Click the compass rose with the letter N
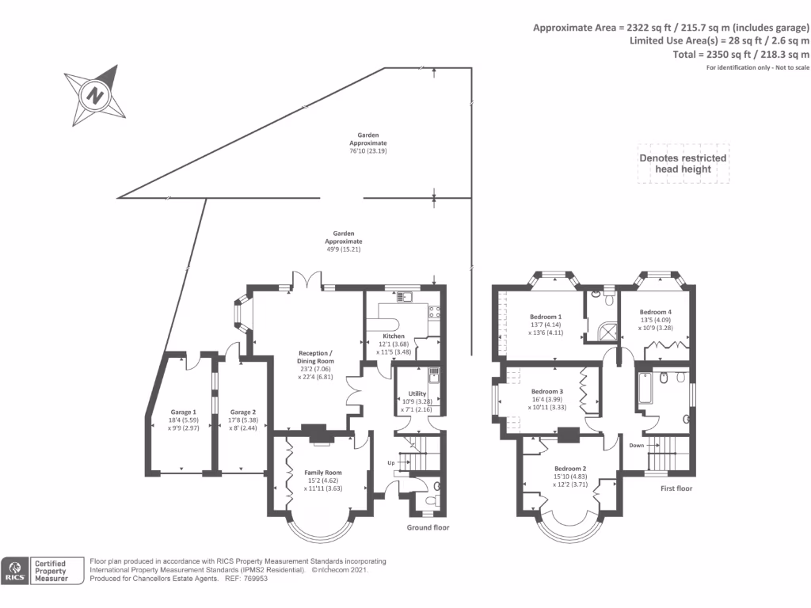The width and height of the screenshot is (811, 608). click(x=95, y=97)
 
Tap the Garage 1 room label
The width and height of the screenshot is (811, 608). click(x=183, y=412)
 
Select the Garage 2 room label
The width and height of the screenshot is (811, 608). click(x=243, y=412)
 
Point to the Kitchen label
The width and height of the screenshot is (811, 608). click(x=394, y=336)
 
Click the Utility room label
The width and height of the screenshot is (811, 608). click(x=417, y=393)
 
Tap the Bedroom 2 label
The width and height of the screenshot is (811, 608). click(x=570, y=468)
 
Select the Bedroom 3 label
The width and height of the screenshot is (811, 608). click(x=547, y=391)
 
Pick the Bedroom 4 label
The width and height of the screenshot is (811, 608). click(x=655, y=312)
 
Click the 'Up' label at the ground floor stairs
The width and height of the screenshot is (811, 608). click(x=390, y=462)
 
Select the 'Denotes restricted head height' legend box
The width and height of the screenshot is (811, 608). click(x=683, y=163)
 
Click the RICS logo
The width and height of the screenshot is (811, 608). click(x=15, y=571)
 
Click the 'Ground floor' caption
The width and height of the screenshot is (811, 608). click(x=428, y=527)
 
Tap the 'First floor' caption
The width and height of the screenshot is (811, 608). click(x=676, y=488)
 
